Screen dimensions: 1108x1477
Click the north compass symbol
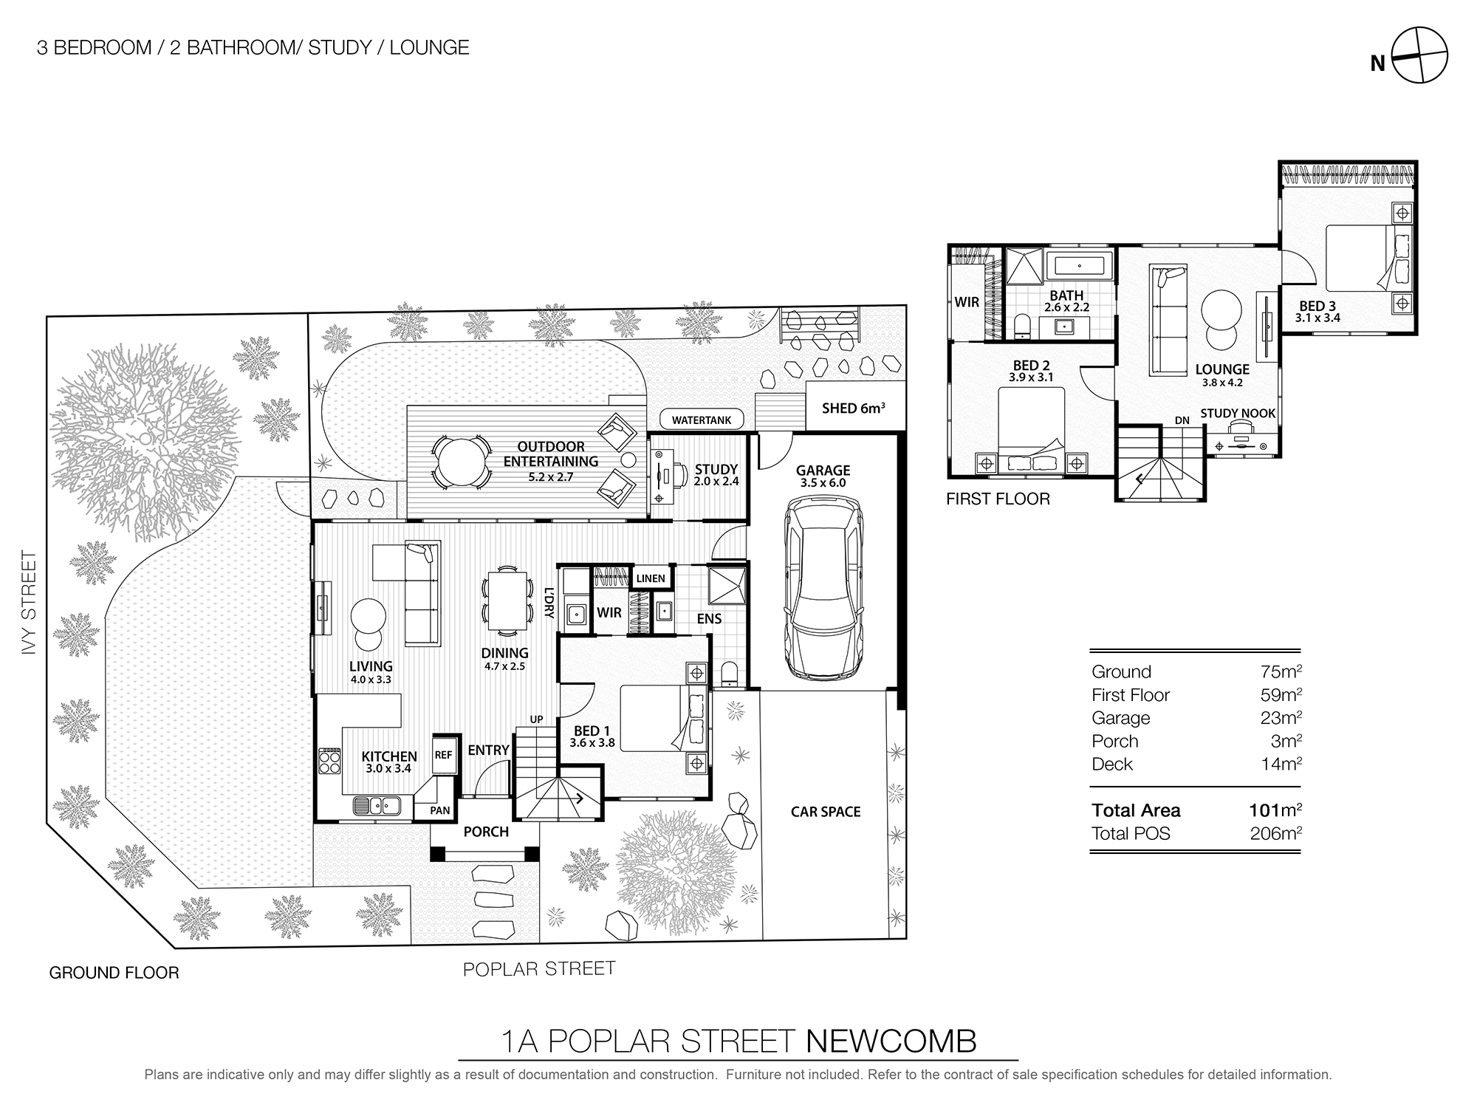(1419, 55)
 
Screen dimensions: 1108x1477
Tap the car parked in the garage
(823, 587)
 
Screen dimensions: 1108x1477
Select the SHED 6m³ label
(853, 408)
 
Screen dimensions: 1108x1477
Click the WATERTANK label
(702, 420)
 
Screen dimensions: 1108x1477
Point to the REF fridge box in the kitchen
(443, 755)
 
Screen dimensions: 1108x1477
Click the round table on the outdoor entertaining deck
(462, 462)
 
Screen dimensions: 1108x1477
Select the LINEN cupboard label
(651, 578)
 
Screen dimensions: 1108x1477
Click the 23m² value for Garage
(1281, 718)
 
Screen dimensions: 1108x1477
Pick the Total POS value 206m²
(1275, 834)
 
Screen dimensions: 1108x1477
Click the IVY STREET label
(28, 602)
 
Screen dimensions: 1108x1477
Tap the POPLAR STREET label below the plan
(539, 968)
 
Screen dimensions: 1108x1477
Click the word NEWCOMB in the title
(891, 1042)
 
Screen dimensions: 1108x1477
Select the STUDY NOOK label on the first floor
(1238, 414)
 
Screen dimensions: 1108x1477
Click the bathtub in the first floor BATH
(1079, 265)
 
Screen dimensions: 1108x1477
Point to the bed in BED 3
(1366, 259)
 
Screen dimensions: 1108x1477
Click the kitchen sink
(376, 805)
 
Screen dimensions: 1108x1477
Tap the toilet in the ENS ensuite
(728, 673)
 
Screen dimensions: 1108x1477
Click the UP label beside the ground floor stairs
(536, 719)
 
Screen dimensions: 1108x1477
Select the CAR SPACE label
(825, 812)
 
